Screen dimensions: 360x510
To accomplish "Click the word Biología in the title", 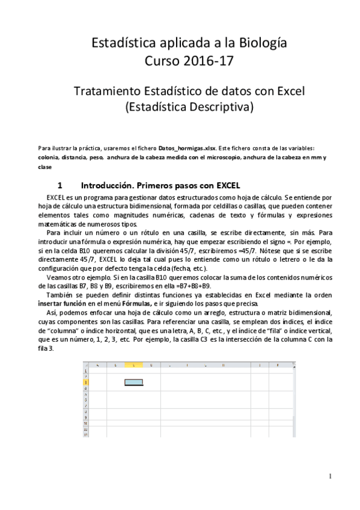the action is [x=258, y=43].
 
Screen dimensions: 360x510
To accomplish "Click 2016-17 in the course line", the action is [x=203, y=61].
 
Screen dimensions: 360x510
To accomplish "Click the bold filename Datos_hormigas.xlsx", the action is [x=185, y=148].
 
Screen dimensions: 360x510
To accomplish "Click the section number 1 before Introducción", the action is [x=59, y=185].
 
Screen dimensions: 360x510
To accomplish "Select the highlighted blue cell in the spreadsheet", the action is [x=133, y=381].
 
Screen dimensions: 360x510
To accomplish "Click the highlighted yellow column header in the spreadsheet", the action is [x=133, y=365].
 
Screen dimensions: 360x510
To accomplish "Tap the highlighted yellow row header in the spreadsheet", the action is [x=86, y=381].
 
